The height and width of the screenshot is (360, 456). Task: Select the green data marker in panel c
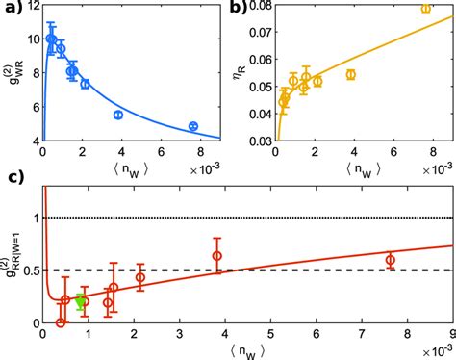81,301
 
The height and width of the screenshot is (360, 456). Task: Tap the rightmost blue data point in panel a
193,126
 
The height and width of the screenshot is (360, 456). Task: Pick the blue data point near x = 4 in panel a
118,115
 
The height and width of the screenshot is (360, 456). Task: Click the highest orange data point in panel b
425,9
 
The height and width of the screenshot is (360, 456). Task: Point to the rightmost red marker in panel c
390,260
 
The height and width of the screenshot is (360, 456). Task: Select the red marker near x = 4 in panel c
217,256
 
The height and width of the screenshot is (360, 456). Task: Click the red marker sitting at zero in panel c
61,321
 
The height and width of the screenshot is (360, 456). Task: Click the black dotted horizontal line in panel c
241,219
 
